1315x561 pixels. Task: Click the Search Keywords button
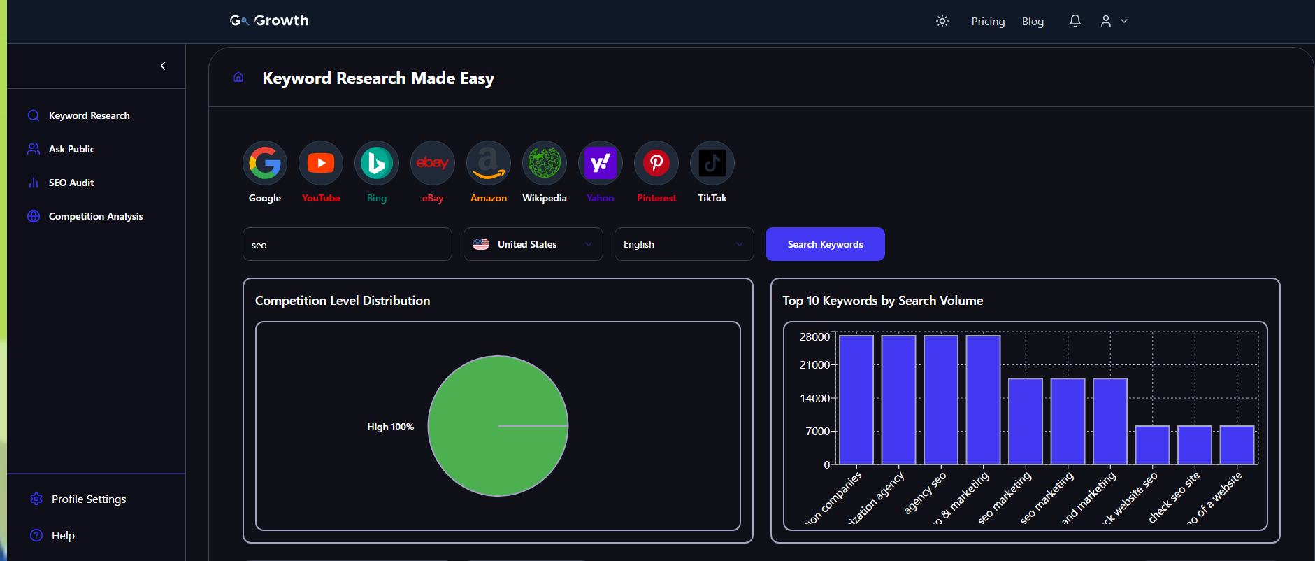click(x=825, y=244)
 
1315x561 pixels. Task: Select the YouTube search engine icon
click(x=321, y=164)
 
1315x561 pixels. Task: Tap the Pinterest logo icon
click(x=656, y=164)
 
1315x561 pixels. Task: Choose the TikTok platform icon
click(x=712, y=164)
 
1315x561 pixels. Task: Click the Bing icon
click(x=377, y=164)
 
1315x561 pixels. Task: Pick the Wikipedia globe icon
click(x=545, y=164)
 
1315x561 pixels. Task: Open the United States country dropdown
click(x=533, y=244)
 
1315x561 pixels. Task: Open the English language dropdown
click(x=684, y=244)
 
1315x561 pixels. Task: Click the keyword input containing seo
click(x=347, y=245)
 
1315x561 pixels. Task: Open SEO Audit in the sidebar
click(x=71, y=183)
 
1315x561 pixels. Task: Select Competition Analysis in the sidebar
click(x=95, y=216)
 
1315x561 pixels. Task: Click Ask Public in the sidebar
click(x=71, y=149)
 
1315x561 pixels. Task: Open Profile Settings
click(x=88, y=499)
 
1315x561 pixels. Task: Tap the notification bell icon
click(x=1075, y=21)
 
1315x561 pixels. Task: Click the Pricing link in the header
click(x=988, y=22)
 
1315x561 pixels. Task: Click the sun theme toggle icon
click(x=942, y=21)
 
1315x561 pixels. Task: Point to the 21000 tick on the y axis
click(x=814, y=365)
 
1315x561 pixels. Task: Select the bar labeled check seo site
click(x=1194, y=445)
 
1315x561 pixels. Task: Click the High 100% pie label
click(x=390, y=427)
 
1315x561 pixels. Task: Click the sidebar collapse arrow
click(x=163, y=66)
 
